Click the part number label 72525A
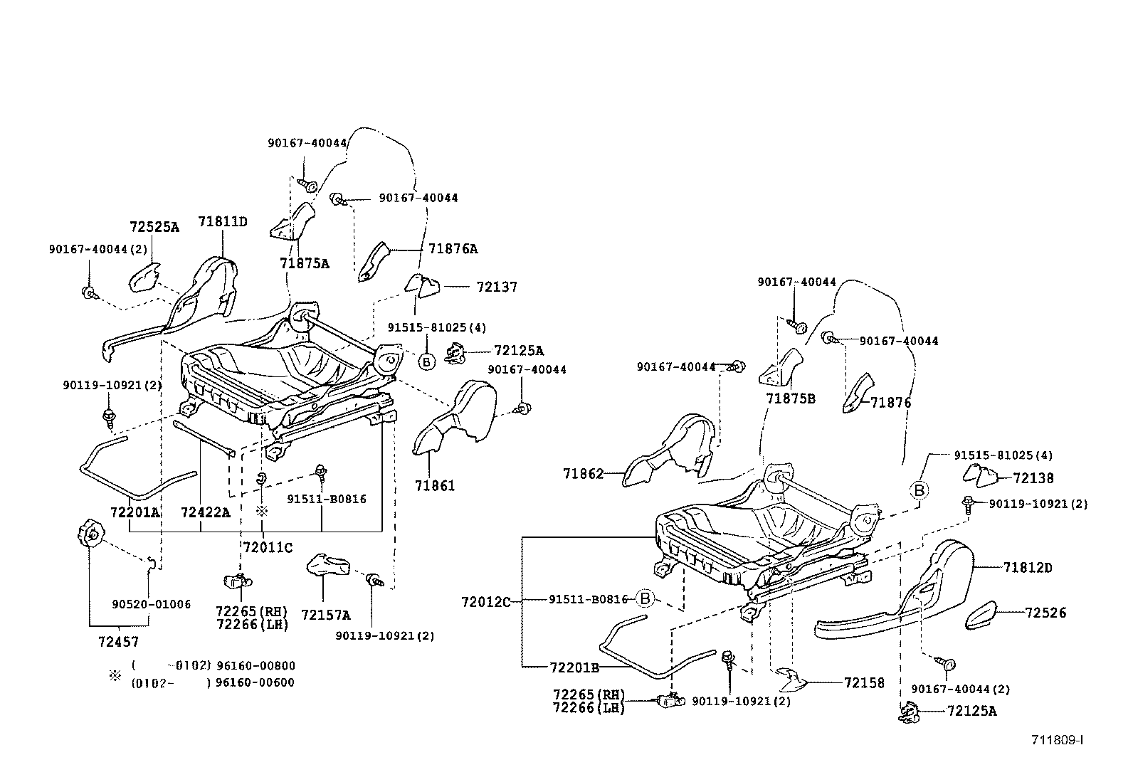(x=154, y=227)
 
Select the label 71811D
(x=222, y=221)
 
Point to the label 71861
(x=434, y=486)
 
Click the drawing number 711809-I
(x=1058, y=740)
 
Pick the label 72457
(x=118, y=642)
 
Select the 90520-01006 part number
(x=151, y=605)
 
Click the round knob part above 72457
(x=88, y=534)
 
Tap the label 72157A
(x=325, y=615)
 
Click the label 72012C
(x=486, y=602)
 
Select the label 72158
(x=864, y=683)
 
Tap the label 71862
(x=583, y=473)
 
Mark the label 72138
(x=1033, y=479)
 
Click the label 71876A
(x=453, y=249)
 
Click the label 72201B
(x=574, y=667)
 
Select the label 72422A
(x=205, y=512)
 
